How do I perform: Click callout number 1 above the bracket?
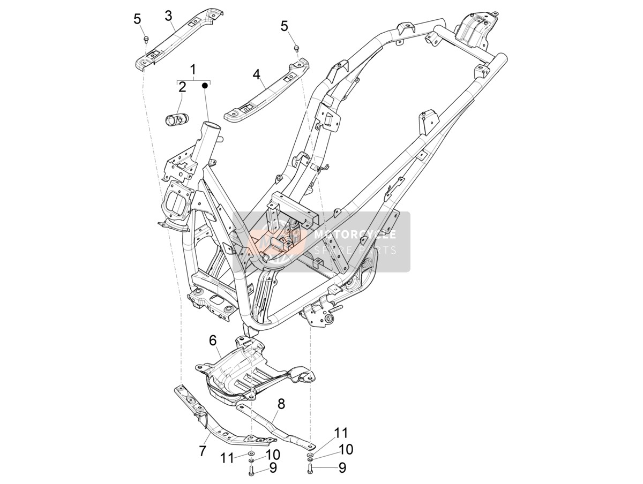point(193,70)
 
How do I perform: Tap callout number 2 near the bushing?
point(182,87)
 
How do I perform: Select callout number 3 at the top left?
point(168,16)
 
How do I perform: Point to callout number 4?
point(256,74)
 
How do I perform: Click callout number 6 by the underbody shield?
point(213,341)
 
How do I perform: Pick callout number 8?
point(281,404)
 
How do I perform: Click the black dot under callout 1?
point(205,86)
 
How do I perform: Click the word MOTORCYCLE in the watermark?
point(355,235)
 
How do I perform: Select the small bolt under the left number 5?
point(145,39)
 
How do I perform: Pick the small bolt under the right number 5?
point(296,48)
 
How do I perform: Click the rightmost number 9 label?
point(342,468)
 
